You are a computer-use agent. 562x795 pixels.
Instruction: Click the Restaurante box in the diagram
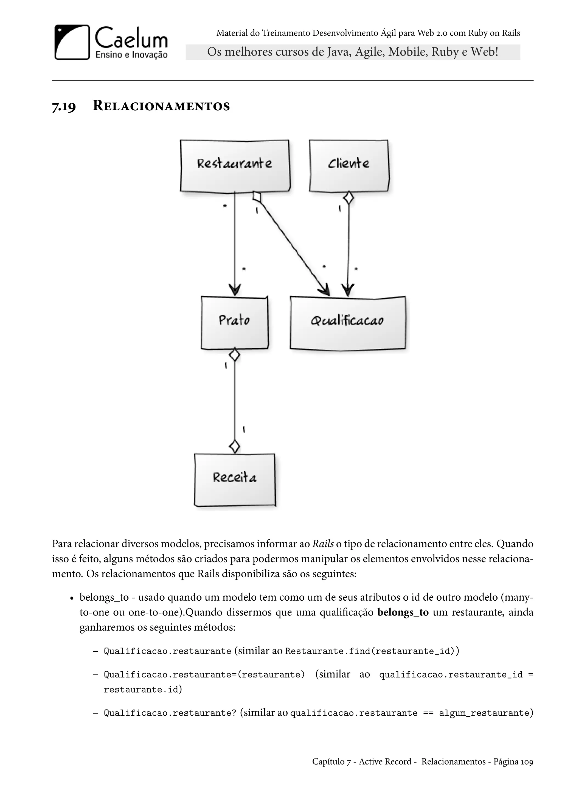235,165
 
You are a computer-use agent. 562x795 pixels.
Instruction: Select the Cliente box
349,165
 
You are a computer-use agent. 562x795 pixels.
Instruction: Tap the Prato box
234,322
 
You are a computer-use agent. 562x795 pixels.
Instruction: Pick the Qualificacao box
347,322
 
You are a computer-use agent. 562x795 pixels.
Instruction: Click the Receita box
235,480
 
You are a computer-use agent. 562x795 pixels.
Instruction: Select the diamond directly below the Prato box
235,355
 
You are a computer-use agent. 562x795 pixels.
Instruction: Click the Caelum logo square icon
72,42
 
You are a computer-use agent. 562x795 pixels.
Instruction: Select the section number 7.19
64,106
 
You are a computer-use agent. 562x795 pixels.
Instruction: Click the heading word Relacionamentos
161,106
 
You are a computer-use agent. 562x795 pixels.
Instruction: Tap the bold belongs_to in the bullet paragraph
403,612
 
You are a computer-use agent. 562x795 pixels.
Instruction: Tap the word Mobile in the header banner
408,52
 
